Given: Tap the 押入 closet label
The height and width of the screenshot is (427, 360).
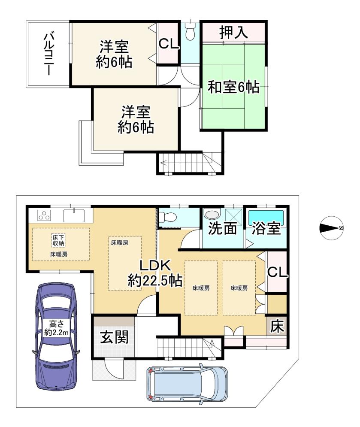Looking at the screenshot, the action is (233, 33).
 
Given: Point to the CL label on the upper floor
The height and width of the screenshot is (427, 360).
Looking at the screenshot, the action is (169, 44).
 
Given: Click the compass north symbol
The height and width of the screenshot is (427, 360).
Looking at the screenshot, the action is (331, 228).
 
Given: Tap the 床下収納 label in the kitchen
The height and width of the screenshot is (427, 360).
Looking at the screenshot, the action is (58, 240).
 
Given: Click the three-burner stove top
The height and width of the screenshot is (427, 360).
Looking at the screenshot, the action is (44, 215).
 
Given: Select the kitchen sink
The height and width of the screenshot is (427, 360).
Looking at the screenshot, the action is (74, 215).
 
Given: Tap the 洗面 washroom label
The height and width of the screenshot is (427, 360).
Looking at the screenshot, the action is (223, 228).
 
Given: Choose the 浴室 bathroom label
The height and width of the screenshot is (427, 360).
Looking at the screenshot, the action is (266, 228).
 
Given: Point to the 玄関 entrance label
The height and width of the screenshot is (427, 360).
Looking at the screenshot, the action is (115, 338).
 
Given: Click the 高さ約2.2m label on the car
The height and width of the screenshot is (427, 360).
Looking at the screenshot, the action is (57, 328).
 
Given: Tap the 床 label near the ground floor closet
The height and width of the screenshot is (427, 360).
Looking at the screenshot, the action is (277, 326).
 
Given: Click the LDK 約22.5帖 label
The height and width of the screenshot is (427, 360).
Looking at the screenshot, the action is (155, 273).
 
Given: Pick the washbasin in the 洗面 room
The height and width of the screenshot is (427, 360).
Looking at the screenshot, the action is (212, 214).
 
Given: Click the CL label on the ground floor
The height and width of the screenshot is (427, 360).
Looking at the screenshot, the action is (277, 272).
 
